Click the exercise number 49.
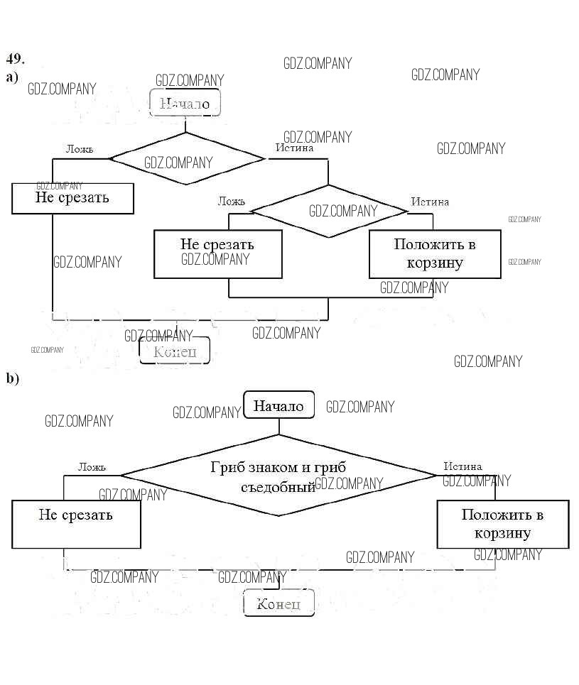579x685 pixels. click(16, 58)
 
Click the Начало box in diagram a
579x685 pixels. click(185, 104)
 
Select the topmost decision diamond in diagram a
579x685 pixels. click(186, 158)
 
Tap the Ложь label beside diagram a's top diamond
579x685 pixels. click(79, 149)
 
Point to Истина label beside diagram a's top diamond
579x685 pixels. click(294, 148)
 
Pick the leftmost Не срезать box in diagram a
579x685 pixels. click(72, 198)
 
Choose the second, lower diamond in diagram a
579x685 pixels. click(329, 210)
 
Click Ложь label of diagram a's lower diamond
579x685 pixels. click(232, 202)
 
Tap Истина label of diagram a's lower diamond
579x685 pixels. click(430, 202)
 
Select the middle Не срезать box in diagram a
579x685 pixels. click(217, 253)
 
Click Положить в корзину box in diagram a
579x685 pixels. click(435, 253)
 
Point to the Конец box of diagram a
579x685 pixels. click(175, 351)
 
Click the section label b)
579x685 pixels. click(13, 378)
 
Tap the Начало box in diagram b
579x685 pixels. click(278, 406)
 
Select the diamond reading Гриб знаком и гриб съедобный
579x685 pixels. click(278, 476)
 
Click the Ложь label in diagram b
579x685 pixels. click(92, 466)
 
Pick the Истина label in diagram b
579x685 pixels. click(462, 466)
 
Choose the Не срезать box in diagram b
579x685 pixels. click(76, 524)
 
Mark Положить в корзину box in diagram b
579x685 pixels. click(502, 524)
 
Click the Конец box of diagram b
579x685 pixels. click(278, 603)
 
